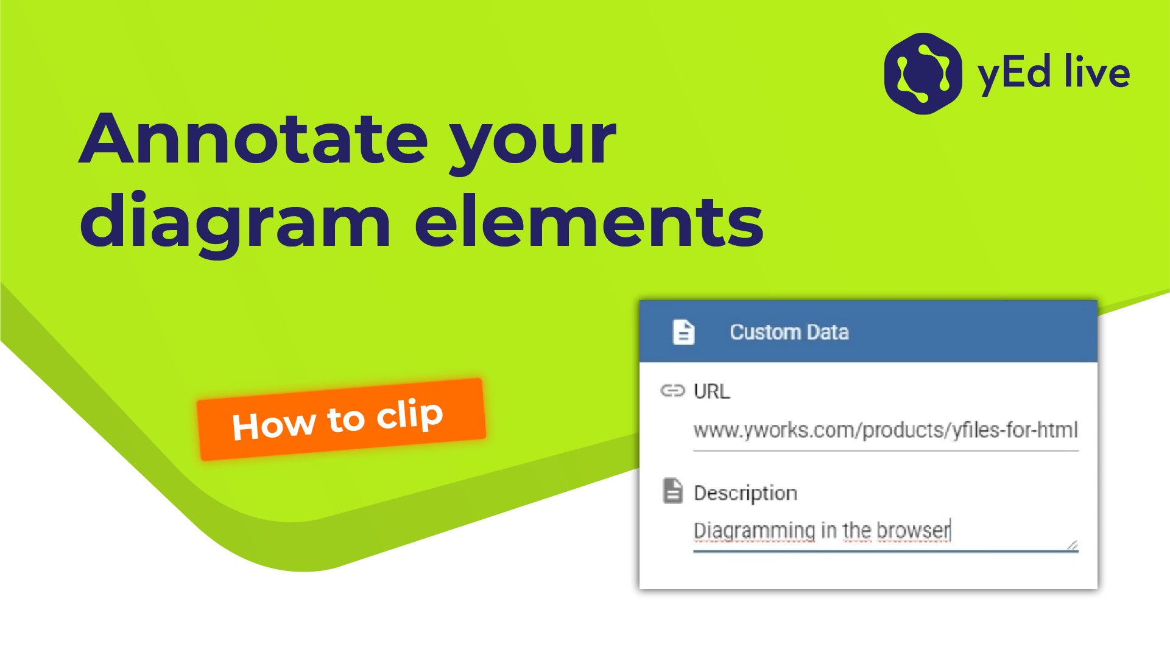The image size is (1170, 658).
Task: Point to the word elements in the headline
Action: (x=589, y=222)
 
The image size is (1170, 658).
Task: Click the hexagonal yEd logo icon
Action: (x=923, y=74)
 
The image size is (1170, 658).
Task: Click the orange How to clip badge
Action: (x=341, y=419)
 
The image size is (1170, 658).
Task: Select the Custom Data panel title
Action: (x=789, y=332)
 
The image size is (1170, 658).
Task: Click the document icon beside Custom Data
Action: (x=683, y=332)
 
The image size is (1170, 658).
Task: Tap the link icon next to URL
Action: (x=673, y=391)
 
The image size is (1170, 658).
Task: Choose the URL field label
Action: (x=712, y=391)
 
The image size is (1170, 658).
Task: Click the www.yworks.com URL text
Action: (x=886, y=430)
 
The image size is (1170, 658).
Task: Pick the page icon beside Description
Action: (x=673, y=491)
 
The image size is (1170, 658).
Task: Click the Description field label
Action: (x=745, y=494)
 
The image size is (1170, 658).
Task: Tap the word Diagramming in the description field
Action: (x=754, y=531)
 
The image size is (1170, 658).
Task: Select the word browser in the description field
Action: (x=914, y=530)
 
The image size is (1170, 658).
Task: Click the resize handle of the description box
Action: (x=1073, y=545)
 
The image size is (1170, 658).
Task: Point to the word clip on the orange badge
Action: (x=410, y=415)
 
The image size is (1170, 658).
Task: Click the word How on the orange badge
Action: (x=274, y=425)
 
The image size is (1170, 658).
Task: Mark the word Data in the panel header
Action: (x=828, y=332)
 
